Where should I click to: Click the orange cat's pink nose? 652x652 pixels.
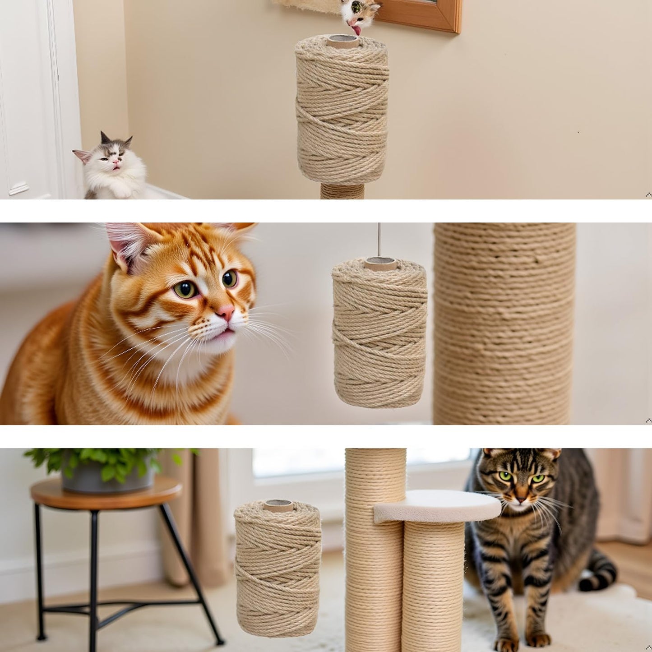click(226, 312)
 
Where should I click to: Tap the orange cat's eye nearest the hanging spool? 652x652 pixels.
click(230, 278)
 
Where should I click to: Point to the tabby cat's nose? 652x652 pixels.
click(521, 499)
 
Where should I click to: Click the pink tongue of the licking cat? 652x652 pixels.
click(357, 30)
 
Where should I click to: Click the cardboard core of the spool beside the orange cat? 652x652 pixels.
click(380, 264)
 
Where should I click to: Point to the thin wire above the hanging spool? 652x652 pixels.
click(379, 239)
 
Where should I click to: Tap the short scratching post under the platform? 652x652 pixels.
click(433, 587)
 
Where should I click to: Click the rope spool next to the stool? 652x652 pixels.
click(277, 569)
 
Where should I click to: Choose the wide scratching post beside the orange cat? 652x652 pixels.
click(504, 325)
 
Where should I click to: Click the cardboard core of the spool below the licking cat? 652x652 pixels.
click(343, 42)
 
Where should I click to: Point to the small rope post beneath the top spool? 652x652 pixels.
click(342, 191)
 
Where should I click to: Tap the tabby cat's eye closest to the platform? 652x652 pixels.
click(506, 476)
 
